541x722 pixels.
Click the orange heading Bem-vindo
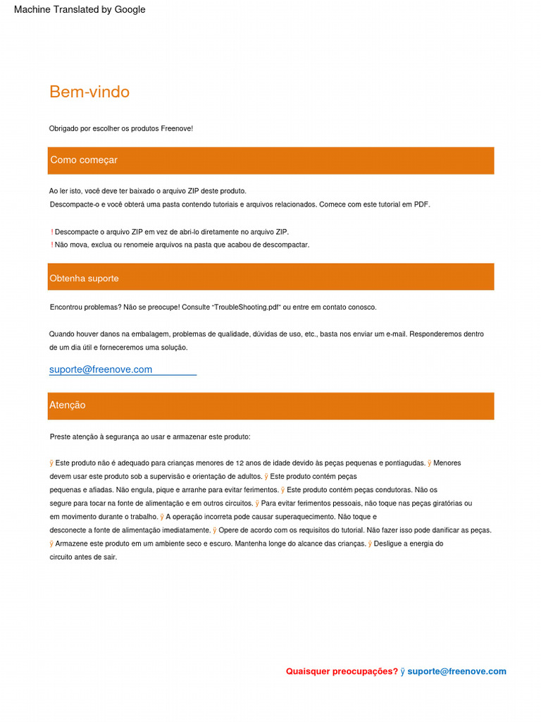(89, 92)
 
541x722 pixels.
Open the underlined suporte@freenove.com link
(101, 369)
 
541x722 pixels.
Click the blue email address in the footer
(456, 671)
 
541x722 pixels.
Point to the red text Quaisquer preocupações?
(342, 671)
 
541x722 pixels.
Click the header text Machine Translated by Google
(80, 10)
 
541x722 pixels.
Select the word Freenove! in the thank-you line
(177, 128)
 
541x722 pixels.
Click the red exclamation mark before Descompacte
(52, 232)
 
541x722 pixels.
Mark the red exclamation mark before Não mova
(52, 245)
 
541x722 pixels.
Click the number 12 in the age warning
(240, 463)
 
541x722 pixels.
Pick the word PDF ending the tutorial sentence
(421, 204)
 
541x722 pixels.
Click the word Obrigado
(63, 128)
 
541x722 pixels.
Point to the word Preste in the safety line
(61, 437)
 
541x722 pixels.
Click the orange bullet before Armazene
(51, 544)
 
